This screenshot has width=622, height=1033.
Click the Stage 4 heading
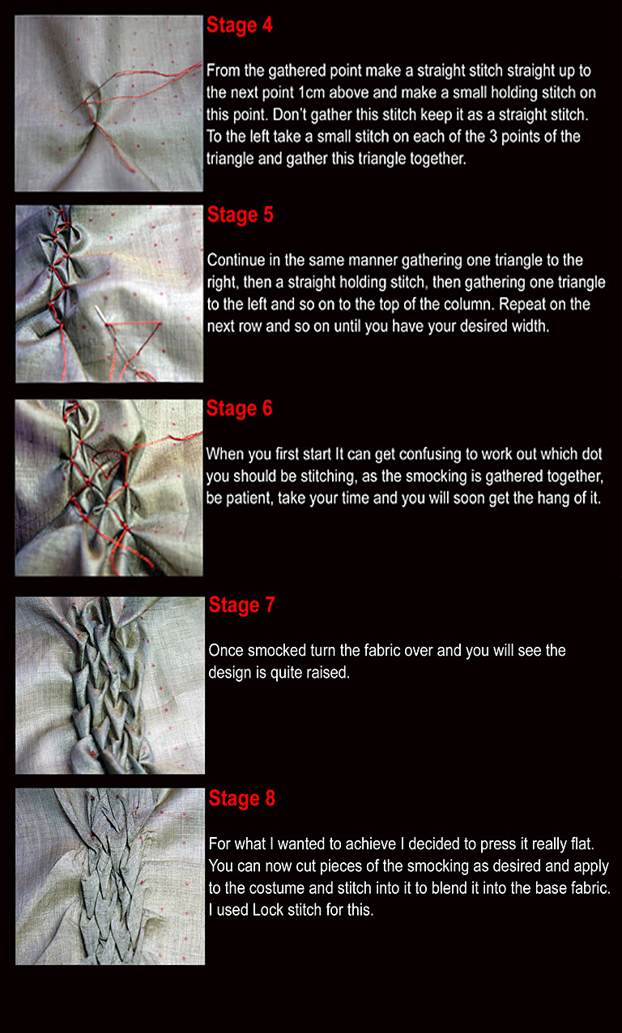click(240, 25)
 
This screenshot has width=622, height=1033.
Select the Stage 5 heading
click(241, 215)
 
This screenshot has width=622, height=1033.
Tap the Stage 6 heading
click(240, 409)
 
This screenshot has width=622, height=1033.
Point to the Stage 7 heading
click(242, 605)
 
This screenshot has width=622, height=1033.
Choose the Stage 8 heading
click(242, 798)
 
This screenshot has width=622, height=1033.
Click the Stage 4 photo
click(109, 104)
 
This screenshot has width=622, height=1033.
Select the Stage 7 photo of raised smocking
click(110, 685)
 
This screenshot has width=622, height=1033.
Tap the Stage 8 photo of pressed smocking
click(110, 876)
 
